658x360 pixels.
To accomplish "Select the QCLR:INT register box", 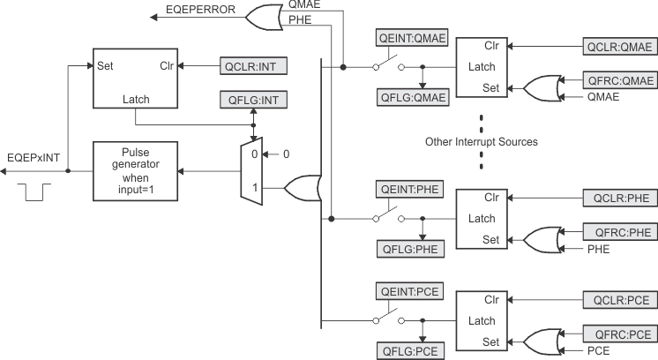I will click(x=253, y=65).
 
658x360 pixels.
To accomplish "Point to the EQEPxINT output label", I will click(x=33, y=157).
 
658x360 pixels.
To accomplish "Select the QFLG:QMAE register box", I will click(x=412, y=96).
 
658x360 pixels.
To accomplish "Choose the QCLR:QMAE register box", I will click(x=620, y=45).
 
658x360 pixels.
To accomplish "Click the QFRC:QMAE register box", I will click(x=620, y=80).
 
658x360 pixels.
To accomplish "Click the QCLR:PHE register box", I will click(x=620, y=198).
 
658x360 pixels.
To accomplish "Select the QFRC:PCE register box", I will click(x=620, y=334).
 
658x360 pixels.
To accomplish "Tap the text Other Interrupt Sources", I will click(x=481, y=141).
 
